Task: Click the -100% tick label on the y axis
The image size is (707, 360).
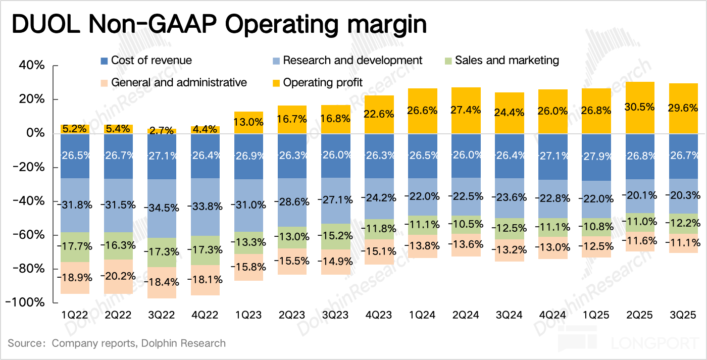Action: point(28,302)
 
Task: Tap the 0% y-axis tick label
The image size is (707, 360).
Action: point(37,133)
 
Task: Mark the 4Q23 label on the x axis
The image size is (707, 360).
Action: point(379,315)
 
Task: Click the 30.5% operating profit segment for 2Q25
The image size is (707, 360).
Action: point(639,108)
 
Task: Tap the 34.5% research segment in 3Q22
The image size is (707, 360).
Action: point(162,209)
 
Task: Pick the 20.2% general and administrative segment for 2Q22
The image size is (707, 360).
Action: point(118,277)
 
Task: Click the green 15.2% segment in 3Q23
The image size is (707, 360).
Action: point(335,236)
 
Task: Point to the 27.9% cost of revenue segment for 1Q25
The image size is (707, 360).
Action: point(596,157)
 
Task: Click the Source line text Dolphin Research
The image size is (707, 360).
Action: point(184,343)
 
